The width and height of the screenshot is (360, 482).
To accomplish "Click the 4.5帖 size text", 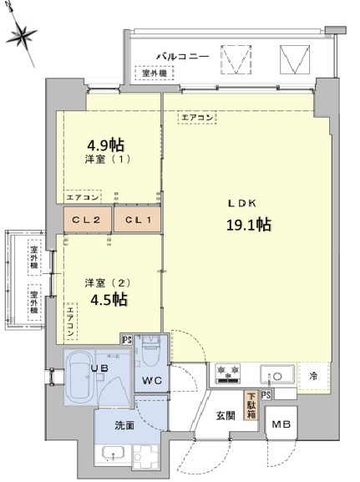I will (105, 298).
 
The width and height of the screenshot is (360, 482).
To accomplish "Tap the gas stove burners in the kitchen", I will (228, 374).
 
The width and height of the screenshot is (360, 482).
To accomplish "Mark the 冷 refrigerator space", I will (313, 375).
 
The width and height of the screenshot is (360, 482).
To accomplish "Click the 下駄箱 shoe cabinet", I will (250, 404).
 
